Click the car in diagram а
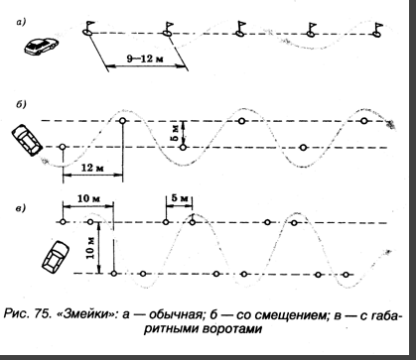41,46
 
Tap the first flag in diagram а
88,28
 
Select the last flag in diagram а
377,30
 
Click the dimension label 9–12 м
146,60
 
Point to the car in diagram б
27,140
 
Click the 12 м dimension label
93,168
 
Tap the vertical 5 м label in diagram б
175,132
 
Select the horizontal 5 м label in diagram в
180,198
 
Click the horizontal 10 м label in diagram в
88,199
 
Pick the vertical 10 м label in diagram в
90,248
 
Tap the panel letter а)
21,22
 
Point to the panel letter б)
21,104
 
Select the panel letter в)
21,208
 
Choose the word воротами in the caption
231,329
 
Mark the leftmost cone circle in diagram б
63,147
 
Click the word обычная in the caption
175,314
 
